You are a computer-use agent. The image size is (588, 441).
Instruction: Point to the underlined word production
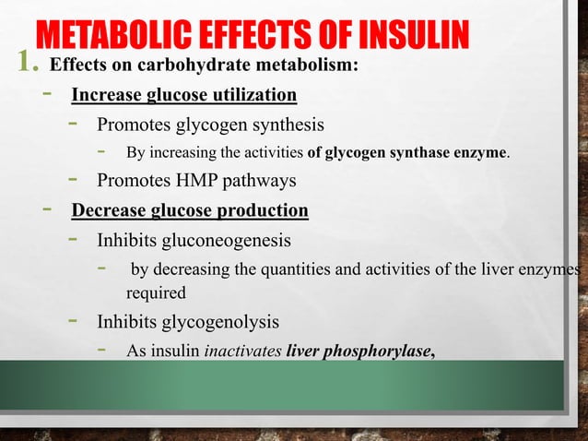[x=264, y=210]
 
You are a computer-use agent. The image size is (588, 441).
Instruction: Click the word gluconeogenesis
[x=229, y=241]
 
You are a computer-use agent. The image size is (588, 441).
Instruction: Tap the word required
[x=156, y=294]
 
